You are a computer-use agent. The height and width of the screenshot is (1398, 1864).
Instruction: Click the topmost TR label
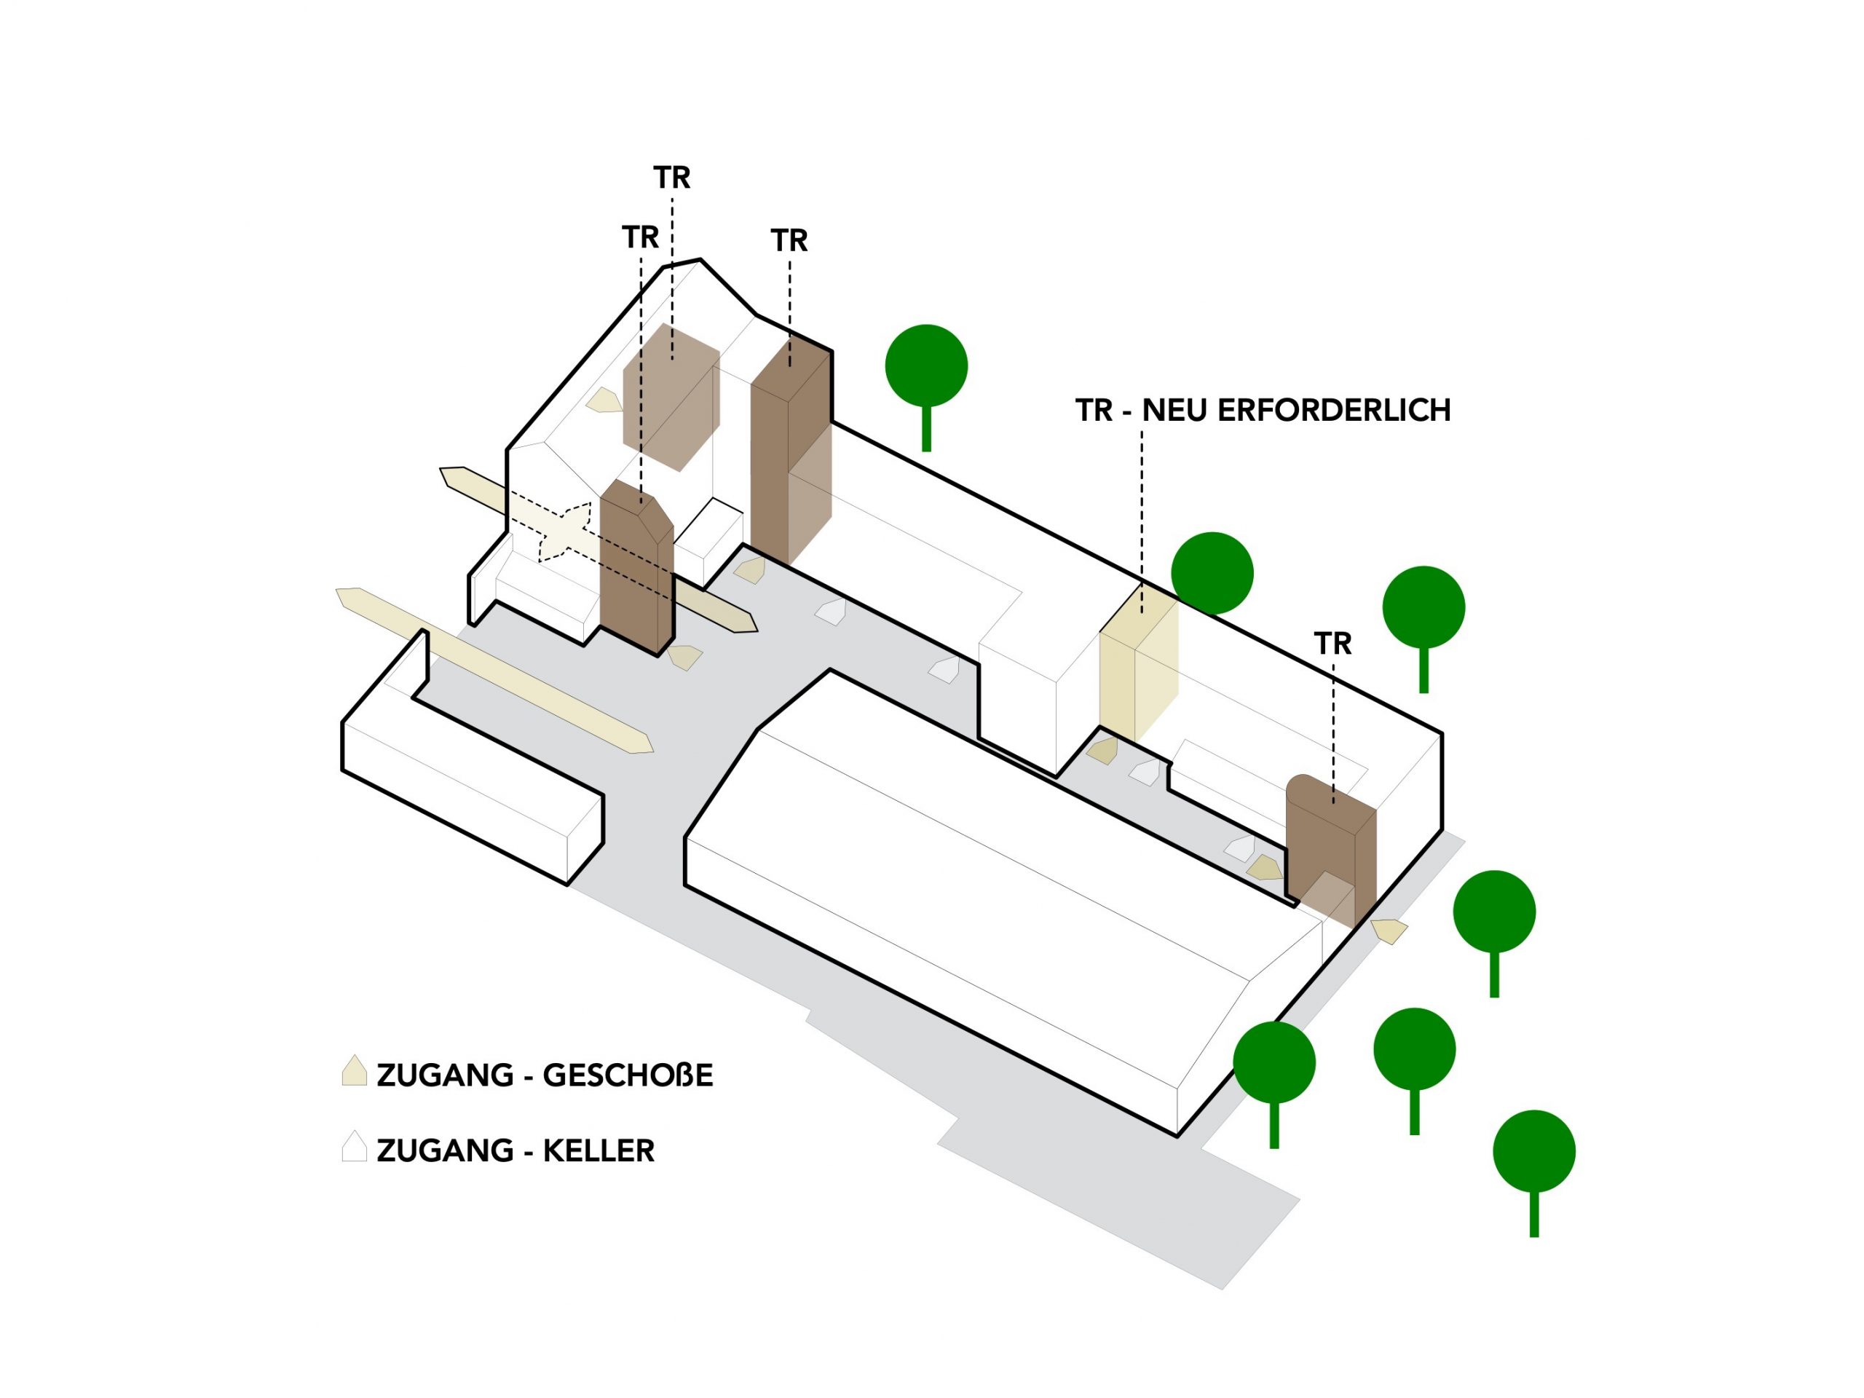(671, 178)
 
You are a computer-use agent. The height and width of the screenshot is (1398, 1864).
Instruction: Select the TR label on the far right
(1332, 644)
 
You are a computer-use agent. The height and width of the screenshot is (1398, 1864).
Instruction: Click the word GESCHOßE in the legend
(627, 1075)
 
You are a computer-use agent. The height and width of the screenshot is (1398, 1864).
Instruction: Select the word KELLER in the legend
(599, 1150)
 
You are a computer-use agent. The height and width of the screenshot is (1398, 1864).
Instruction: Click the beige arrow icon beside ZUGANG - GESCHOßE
(354, 1071)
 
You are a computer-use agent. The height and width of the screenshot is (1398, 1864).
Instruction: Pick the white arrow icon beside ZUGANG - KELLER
(354, 1146)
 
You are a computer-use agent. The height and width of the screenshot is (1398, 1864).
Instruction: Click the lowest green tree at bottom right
(1533, 1155)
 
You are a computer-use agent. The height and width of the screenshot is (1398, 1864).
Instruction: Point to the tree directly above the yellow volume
(1212, 573)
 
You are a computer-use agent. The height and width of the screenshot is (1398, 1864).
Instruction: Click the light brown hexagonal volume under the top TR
(671, 396)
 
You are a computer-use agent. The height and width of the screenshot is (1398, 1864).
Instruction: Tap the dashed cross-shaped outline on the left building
(564, 532)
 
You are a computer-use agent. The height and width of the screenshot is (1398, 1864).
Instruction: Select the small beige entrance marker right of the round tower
(1388, 931)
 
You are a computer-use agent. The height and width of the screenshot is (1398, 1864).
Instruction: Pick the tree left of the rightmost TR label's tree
(1212, 573)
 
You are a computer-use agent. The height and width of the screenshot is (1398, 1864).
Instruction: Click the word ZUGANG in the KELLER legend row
(445, 1150)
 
